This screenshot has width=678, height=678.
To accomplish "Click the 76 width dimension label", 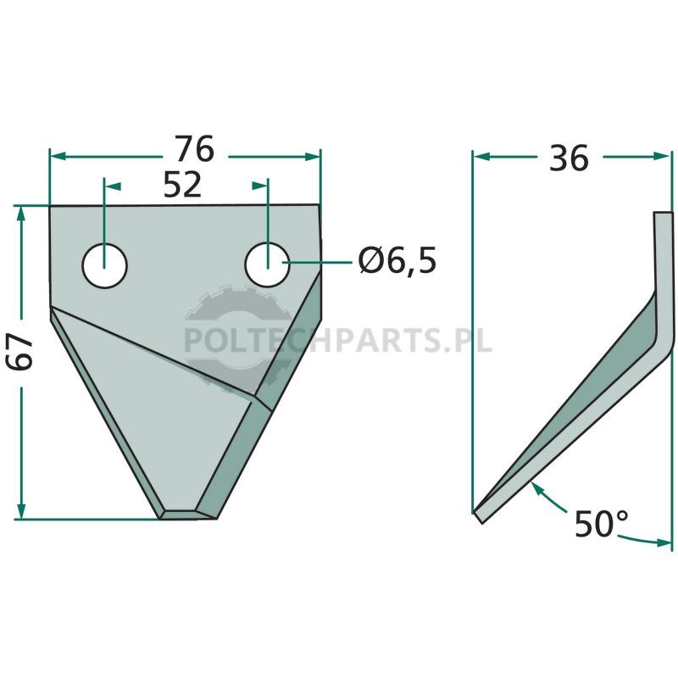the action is coord(194,149).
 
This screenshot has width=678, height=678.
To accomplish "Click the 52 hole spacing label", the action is coord(182,185).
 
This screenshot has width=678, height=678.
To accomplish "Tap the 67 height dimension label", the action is coord(21,351).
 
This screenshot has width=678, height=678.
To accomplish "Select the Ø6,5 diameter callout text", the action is coord(397,261).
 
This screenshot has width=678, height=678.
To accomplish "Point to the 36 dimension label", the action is coord(569,158).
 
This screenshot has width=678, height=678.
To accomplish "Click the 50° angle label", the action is coord(601,524).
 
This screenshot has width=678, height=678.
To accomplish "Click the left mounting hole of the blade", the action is coord(104,265).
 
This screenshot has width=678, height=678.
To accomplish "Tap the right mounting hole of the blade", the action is coord(267,264).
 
